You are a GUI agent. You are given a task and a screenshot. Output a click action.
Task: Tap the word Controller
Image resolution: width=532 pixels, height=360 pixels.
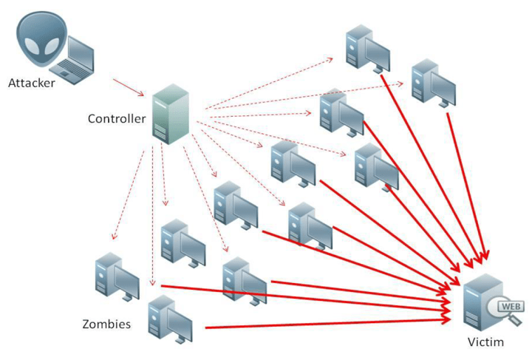[117, 119]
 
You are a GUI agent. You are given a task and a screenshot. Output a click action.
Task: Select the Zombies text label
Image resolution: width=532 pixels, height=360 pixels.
[107, 324]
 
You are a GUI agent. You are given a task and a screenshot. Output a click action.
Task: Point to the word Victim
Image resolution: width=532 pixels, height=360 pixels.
[485, 343]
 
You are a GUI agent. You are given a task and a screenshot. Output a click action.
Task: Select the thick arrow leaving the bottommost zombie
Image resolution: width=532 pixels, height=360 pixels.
[325, 322]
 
